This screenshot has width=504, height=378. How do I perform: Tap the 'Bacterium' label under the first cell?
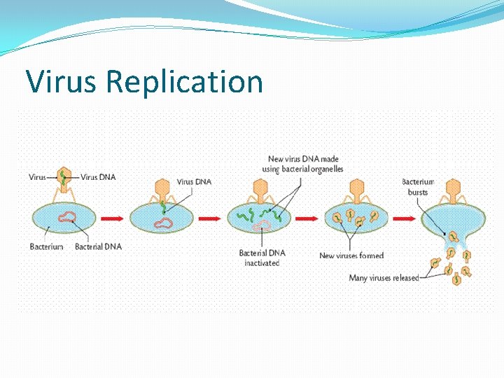(47, 246)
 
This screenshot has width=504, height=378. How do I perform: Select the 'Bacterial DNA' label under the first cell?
(98, 246)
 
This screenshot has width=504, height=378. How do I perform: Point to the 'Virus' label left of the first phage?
(37, 177)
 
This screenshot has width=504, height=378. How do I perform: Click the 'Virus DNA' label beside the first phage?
(98, 177)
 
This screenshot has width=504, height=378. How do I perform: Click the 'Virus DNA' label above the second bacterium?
(194, 182)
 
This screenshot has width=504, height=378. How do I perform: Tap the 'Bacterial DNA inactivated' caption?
(262, 258)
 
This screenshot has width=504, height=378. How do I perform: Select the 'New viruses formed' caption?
(351, 255)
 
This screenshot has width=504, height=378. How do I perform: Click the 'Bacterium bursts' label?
(418, 187)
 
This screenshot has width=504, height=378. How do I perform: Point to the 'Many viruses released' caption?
(384, 278)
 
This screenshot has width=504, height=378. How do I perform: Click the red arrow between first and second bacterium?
(112, 218)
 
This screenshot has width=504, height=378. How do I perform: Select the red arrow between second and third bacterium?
(211, 218)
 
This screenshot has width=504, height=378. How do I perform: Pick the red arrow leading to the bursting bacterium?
(405, 218)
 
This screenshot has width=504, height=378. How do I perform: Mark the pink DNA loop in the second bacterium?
(165, 223)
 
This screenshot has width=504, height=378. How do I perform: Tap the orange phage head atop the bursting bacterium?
(455, 187)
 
